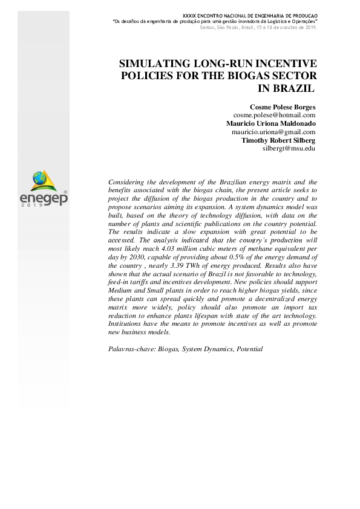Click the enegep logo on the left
[44, 189]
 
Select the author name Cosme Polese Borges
[283, 107]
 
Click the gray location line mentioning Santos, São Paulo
[257, 27]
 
